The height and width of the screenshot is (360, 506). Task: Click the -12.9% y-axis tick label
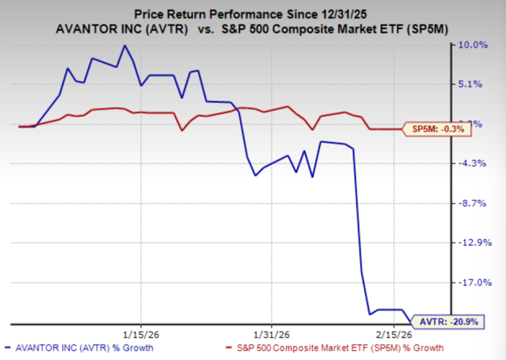pyautogui.click(x=472, y=243)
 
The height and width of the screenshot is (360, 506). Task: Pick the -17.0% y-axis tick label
pyautogui.click(x=472, y=282)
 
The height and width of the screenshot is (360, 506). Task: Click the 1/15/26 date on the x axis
pyautogui.click(x=140, y=333)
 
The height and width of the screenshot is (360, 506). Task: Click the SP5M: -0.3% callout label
pyautogui.click(x=438, y=129)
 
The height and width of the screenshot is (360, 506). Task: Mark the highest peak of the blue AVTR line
pyautogui.click(x=124, y=46)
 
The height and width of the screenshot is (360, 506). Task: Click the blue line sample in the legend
pyautogui.click(x=12, y=349)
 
